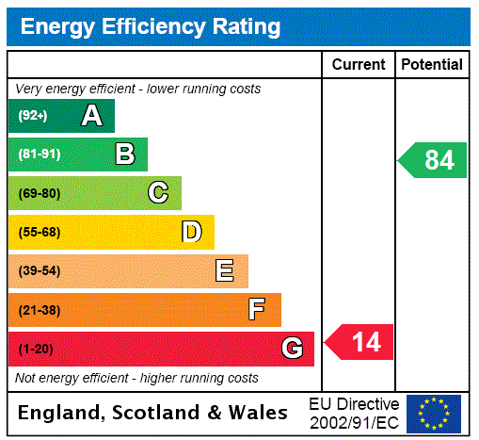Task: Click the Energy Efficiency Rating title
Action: tap(151, 27)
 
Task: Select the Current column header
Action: tap(359, 65)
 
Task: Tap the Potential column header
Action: tap(432, 65)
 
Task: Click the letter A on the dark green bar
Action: tap(91, 116)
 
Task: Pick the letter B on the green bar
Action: tap(124, 155)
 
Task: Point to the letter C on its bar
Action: tap(158, 193)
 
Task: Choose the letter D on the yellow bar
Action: tap(191, 232)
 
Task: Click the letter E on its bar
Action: tap(225, 271)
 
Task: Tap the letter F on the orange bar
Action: tap(257, 309)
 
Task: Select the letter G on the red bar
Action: tap(292, 349)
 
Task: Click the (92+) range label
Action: tap(33, 116)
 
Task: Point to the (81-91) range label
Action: tap(39, 155)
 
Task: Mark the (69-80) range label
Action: tap(39, 193)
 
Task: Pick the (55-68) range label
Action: tap(39, 232)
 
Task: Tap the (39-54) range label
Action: tap(39, 271)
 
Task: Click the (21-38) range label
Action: tap(39, 310)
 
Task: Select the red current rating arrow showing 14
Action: tap(360, 341)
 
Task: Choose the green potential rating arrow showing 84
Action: tap(434, 160)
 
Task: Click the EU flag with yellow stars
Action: tap(434, 414)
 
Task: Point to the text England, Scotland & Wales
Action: tap(153, 413)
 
